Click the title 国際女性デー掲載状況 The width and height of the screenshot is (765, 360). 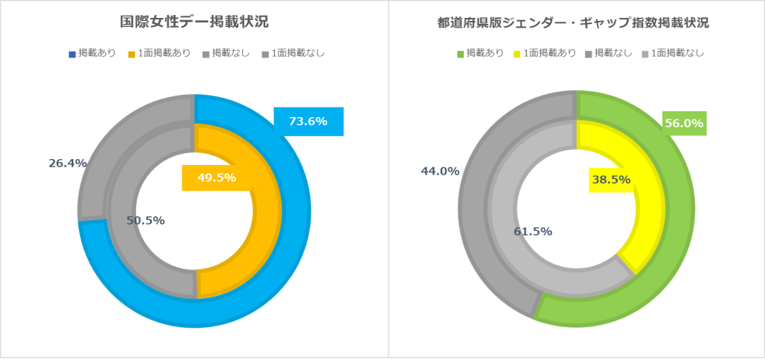click(194, 22)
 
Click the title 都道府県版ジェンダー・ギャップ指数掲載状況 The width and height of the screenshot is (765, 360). click(573, 22)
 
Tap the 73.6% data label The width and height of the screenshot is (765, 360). click(308, 121)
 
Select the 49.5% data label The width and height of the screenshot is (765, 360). click(217, 178)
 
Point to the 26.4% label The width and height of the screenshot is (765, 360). click(68, 163)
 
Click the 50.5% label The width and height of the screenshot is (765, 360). click(146, 220)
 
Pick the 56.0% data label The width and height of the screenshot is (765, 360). click(684, 123)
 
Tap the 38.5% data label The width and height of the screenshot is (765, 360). click(611, 179)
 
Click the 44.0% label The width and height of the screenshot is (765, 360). click(440, 171)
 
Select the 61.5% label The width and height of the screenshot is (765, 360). click(533, 232)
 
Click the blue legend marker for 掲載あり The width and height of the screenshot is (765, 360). click(72, 54)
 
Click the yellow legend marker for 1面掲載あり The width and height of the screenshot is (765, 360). click(516, 54)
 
